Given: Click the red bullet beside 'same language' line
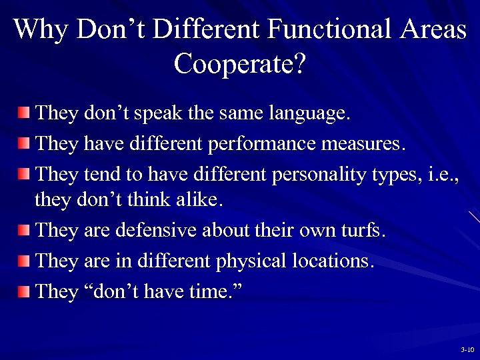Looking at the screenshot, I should pyautogui.click(x=24, y=111).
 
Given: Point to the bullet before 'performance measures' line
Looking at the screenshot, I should pyautogui.click(x=24, y=143).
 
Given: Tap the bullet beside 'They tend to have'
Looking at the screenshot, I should pyautogui.click(x=24, y=175).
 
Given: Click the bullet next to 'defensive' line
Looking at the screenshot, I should pyautogui.click(x=24, y=231).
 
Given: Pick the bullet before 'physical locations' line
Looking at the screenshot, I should pyautogui.click(x=24, y=260).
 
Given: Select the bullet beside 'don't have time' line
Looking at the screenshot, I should pyautogui.click(x=24, y=291).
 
